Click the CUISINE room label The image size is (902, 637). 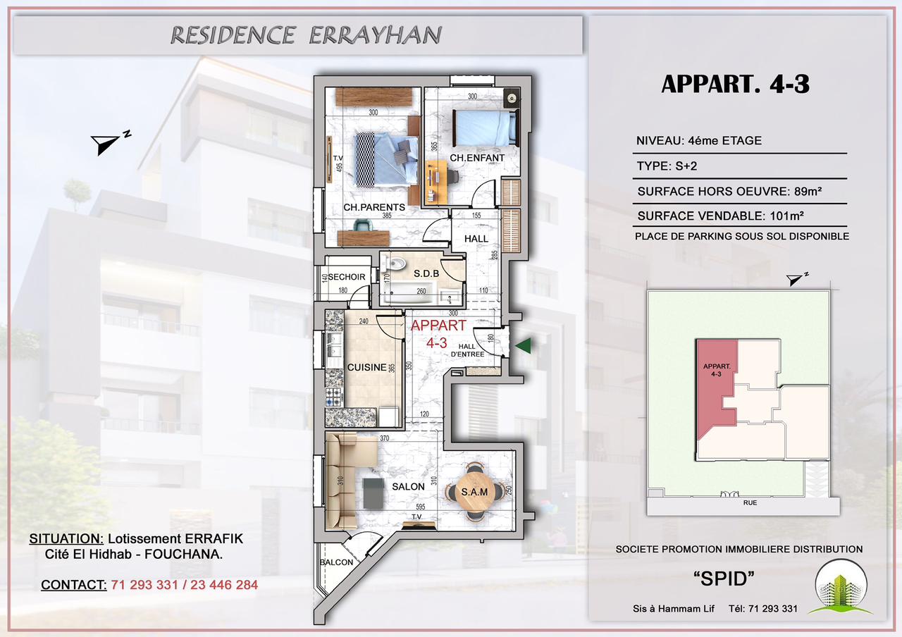(x=366, y=367)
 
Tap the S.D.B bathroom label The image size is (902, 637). (x=426, y=273)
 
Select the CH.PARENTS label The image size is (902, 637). (x=373, y=208)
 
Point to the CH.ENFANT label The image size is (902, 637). (x=477, y=158)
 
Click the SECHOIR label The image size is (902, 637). (x=347, y=277)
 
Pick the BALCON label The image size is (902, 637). (x=336, y=562)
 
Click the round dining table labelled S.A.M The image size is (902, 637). (x=474, y=492)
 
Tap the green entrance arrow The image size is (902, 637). (x=523, y=345)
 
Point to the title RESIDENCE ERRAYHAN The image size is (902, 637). (x=306, y=35)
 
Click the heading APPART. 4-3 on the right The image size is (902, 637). (x=735, y=84)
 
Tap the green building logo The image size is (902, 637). (x=843, y=586)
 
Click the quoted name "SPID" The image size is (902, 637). (x=724, y=579)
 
